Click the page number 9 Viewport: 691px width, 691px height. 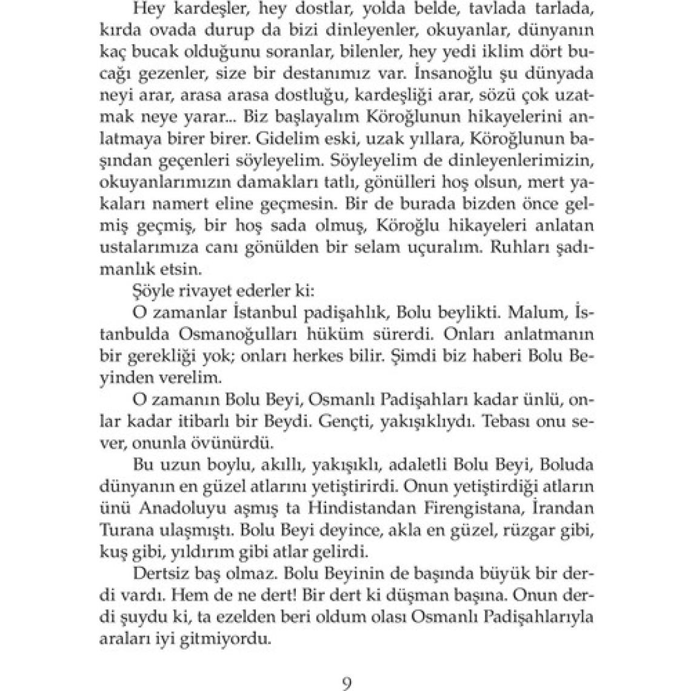pyautogui.click(x=346, y=683)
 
